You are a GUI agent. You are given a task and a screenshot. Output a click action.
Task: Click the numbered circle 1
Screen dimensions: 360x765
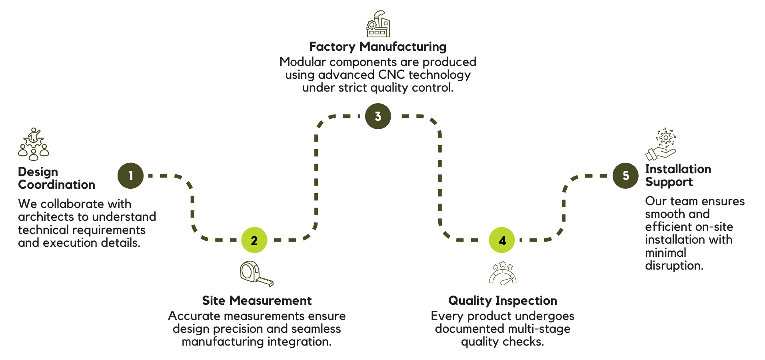tap(130, 176)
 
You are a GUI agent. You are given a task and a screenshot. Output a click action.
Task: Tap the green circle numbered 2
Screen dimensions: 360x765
tap(254, 240)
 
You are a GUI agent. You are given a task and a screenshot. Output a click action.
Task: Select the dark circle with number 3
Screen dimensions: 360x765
tap(378, 116)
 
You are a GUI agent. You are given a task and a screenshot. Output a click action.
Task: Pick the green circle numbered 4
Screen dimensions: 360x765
tap(502, 240)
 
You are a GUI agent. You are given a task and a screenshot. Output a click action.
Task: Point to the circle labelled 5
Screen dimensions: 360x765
tap(625, 176)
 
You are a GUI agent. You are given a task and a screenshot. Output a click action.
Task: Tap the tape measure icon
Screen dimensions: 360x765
tap(256, 274)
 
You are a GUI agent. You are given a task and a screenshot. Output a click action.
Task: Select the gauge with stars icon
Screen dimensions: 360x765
tap(503, 273)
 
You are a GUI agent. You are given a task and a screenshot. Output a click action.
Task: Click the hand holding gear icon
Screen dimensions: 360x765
tap(661, 144)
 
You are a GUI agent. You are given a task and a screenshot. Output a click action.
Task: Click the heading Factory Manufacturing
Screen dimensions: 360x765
tap(378, 47)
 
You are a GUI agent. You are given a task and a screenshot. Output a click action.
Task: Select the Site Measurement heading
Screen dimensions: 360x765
tap(256, 300)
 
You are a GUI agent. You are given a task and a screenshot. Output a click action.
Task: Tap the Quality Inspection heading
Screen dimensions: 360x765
tap(503, 300)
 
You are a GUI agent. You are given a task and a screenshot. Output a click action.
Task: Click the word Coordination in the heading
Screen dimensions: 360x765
tap(56, 185)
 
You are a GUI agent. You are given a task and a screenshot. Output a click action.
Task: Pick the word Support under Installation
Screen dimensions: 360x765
tap(669, 182)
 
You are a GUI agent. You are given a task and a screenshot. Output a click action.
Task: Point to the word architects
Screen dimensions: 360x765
tap(46, 217)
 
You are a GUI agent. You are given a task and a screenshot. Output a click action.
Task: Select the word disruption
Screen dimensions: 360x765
tap(674, 266)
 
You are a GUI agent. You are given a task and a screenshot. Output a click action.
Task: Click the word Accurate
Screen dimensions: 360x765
tap(194, 316)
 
